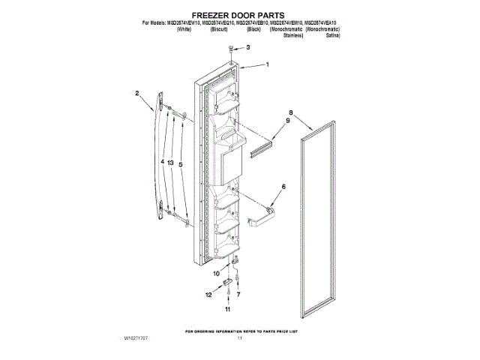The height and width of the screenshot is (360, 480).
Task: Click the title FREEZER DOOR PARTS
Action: pos(240,14)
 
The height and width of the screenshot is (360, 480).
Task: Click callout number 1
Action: pos(267,65)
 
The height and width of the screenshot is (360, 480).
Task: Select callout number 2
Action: pos(137,94)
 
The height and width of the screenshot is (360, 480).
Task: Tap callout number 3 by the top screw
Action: pos(249,48)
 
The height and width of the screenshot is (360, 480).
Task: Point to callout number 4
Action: pos(161,162)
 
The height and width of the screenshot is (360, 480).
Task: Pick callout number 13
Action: pos(171,162)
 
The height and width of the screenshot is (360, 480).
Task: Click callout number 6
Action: pos(283,187)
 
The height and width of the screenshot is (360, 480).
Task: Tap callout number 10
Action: pos(216,274)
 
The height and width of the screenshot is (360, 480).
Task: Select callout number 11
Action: pos(228,309)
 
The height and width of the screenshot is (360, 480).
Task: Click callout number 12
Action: pos(208,295)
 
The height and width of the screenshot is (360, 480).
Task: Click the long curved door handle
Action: pos(157,157)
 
